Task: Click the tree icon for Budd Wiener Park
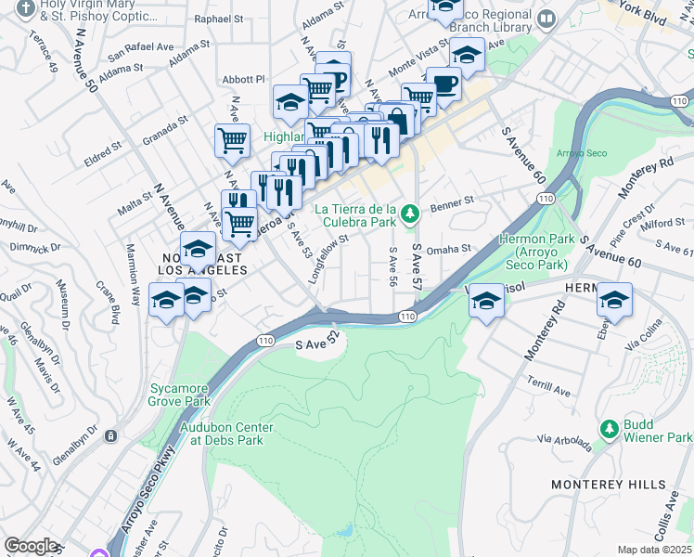[610, 429]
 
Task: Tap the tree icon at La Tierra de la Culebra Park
[410, 216]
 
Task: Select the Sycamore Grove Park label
[183, 396]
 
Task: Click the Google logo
[31, 546]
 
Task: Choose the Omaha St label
[453, 248]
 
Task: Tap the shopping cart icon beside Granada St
[232, 141]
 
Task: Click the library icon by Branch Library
[546, 18]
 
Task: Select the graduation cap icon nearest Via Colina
[613, 299]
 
